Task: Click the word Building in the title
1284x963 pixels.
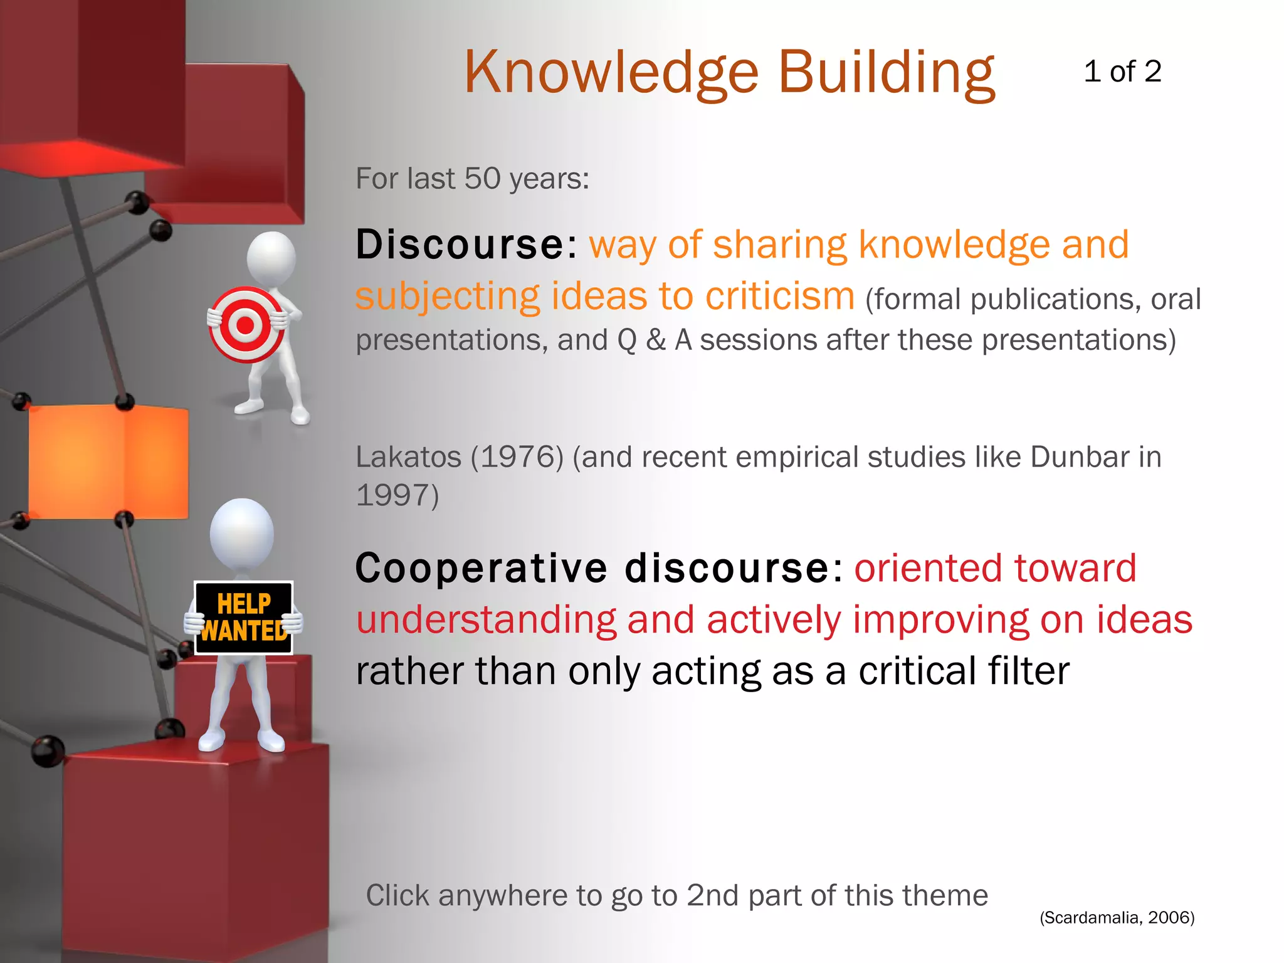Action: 886,73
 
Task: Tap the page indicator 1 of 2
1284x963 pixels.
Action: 1122,71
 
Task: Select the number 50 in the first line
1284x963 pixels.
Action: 482,179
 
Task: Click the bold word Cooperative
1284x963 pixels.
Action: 481,569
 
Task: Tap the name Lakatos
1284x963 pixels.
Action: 408,456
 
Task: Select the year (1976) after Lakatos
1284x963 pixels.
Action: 517,456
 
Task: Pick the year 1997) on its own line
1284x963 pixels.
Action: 397,495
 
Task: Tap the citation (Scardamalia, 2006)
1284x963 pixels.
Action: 1117,917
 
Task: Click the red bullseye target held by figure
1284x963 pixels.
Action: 246,325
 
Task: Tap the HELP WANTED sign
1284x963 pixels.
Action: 244,618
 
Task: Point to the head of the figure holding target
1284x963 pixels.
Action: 271,256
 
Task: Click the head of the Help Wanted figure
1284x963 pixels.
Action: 241,532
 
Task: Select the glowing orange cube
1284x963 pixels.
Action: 108,461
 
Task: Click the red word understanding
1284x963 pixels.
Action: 486,620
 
